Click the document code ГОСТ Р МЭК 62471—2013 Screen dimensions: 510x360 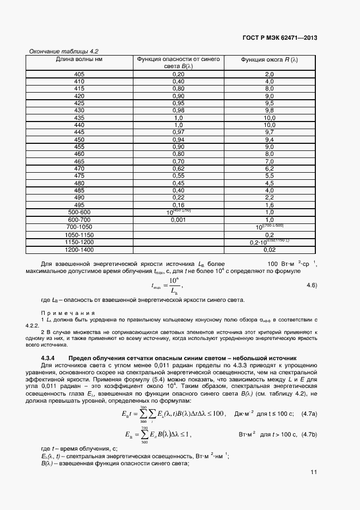[279, 38]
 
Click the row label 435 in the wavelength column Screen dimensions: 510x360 [80, 118]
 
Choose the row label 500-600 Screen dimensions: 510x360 [80, 212]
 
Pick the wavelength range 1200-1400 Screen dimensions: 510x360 [80, 250]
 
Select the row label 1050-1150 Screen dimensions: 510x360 [80, 234]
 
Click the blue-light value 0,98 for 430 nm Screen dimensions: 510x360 [178, 110]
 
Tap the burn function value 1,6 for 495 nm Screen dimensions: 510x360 [269, 205]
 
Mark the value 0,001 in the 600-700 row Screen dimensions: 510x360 [178, 220]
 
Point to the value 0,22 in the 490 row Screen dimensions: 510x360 [178, 197]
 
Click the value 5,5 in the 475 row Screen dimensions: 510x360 [269, 176]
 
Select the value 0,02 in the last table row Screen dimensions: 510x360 [269, 250]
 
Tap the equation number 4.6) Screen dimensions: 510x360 [312, 285]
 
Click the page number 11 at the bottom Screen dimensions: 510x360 [314, 472]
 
